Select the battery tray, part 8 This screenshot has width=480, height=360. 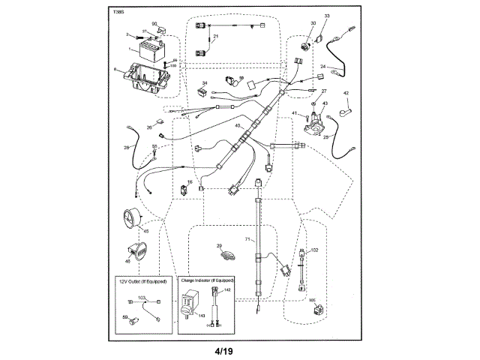tap(144, 78)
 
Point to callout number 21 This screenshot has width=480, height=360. tap(215, 37)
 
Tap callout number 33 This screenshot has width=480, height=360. tap(327, 16)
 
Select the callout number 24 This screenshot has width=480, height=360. tap(322, 67)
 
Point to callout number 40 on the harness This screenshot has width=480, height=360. tap(237, 127)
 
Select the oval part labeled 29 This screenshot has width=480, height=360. tap(226, 255)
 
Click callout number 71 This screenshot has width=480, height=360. tap(245, 238)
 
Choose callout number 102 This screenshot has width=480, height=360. tap(315, 249)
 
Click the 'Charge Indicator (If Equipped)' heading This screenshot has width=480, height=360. tap(208, 280)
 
